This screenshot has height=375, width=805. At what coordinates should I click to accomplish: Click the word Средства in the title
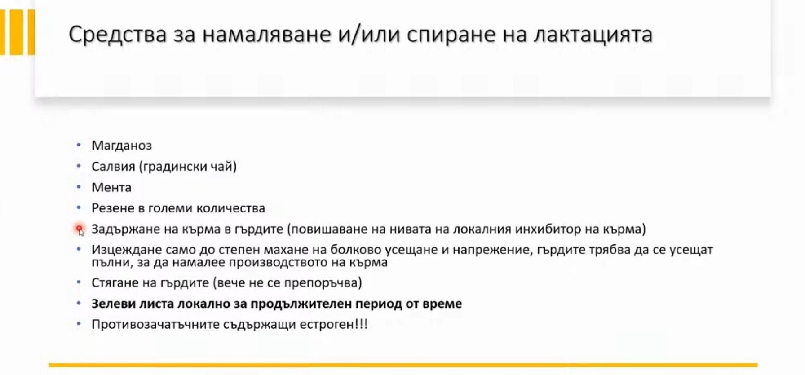tap(118, 35)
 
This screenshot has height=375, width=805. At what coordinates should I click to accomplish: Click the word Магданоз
tap(122, 146)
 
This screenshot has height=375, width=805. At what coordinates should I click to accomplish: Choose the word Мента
tap(111, 187)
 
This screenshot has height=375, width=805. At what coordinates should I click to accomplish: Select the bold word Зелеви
tap(113, 304)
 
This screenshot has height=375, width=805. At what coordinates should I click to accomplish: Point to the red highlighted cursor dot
tap(79, 229)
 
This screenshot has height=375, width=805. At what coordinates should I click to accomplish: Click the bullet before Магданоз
tap(79, 145)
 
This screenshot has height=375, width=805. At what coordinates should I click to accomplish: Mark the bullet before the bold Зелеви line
tap(79, 304)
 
